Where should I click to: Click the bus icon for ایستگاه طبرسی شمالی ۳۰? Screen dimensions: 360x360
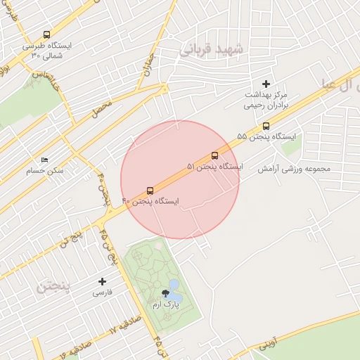click(x=46, y=34)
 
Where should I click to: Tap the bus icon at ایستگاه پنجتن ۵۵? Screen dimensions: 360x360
click(x=265, y=126)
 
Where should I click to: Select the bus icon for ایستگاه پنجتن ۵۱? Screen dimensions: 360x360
click(x=214, y=155)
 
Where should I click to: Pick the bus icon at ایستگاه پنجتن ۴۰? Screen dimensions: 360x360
click(x=150, y=191)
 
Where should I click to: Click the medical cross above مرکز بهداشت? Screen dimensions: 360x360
click(x=266, y=84)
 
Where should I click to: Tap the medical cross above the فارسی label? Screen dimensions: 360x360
click(x=103, y=281)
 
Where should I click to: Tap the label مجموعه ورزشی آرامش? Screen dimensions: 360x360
click(x=293, y=169)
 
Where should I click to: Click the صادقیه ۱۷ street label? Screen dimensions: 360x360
click(x=124, y=328)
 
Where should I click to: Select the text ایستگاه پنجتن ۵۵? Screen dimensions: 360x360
click(x=266, y=136)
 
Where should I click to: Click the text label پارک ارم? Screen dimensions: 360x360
click(x=166, y=305)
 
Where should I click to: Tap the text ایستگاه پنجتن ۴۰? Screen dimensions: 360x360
click(x=150, y=202)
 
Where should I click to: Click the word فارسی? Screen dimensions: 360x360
click(x=103, y=292)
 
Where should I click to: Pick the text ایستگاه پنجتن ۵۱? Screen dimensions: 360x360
click(x=214, y=167)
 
